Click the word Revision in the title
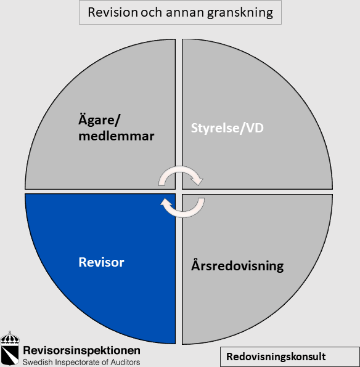click(112, 12)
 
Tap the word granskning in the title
click(240, 13)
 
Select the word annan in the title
click(185, 13)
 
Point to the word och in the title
click(152, 12)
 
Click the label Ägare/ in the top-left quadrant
click(99, 119)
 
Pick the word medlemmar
click(117, 136)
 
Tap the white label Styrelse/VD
click(227, 128)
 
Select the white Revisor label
click(101, 262)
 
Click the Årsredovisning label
click(237, 265)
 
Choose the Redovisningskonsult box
click(290, 357)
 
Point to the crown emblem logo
click(10, 348)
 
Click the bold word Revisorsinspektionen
click(81, 350)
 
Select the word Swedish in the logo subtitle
click(38, 362)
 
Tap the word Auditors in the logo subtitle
click(125, 362)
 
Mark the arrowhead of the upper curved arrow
click(198, 180)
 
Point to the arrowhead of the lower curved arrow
click(166, 202)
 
